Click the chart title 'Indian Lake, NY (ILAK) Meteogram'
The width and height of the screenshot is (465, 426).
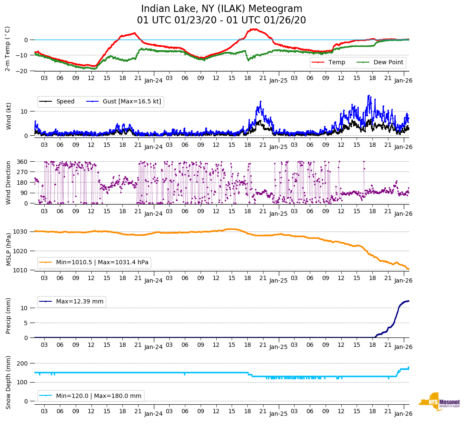(221, 9)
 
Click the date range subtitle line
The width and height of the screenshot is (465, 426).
(221, 20)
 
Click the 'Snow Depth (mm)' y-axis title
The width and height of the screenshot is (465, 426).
(8, 382)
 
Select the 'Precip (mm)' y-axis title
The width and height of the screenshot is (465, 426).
(8, 316)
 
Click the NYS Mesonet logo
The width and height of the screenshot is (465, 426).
(439, 402)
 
